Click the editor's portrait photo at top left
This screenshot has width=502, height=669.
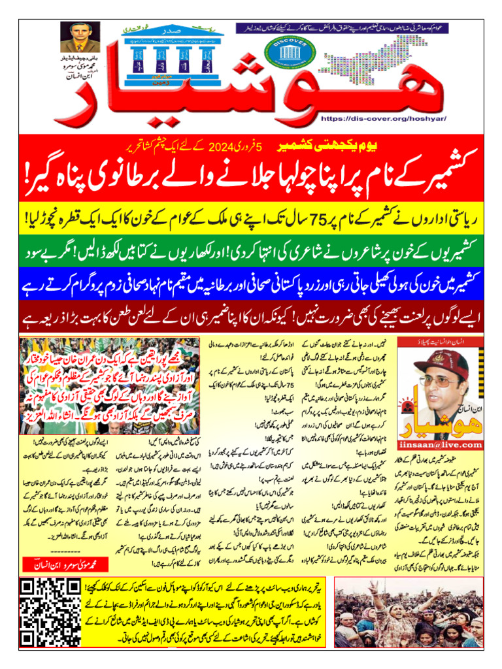pyautogui.click(x=80, y=37)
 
